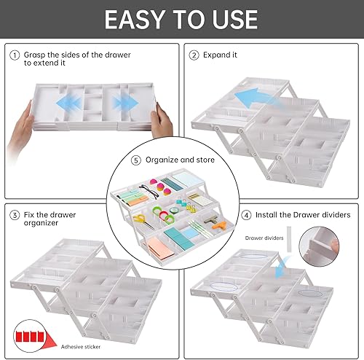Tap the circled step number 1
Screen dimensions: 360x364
tap(14, 54)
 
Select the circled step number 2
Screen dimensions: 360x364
tap(194, 54)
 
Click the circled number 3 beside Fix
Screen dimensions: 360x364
tap(14, 215)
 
